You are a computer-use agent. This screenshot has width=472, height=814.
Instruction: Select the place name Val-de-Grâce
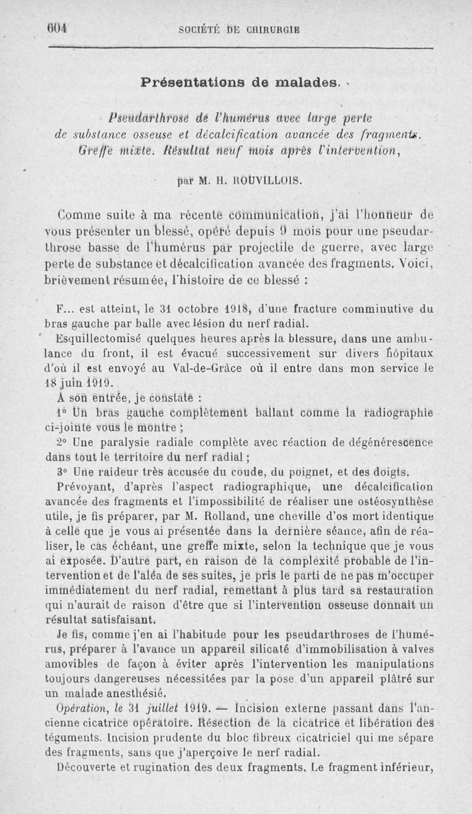tap(178, 369)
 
